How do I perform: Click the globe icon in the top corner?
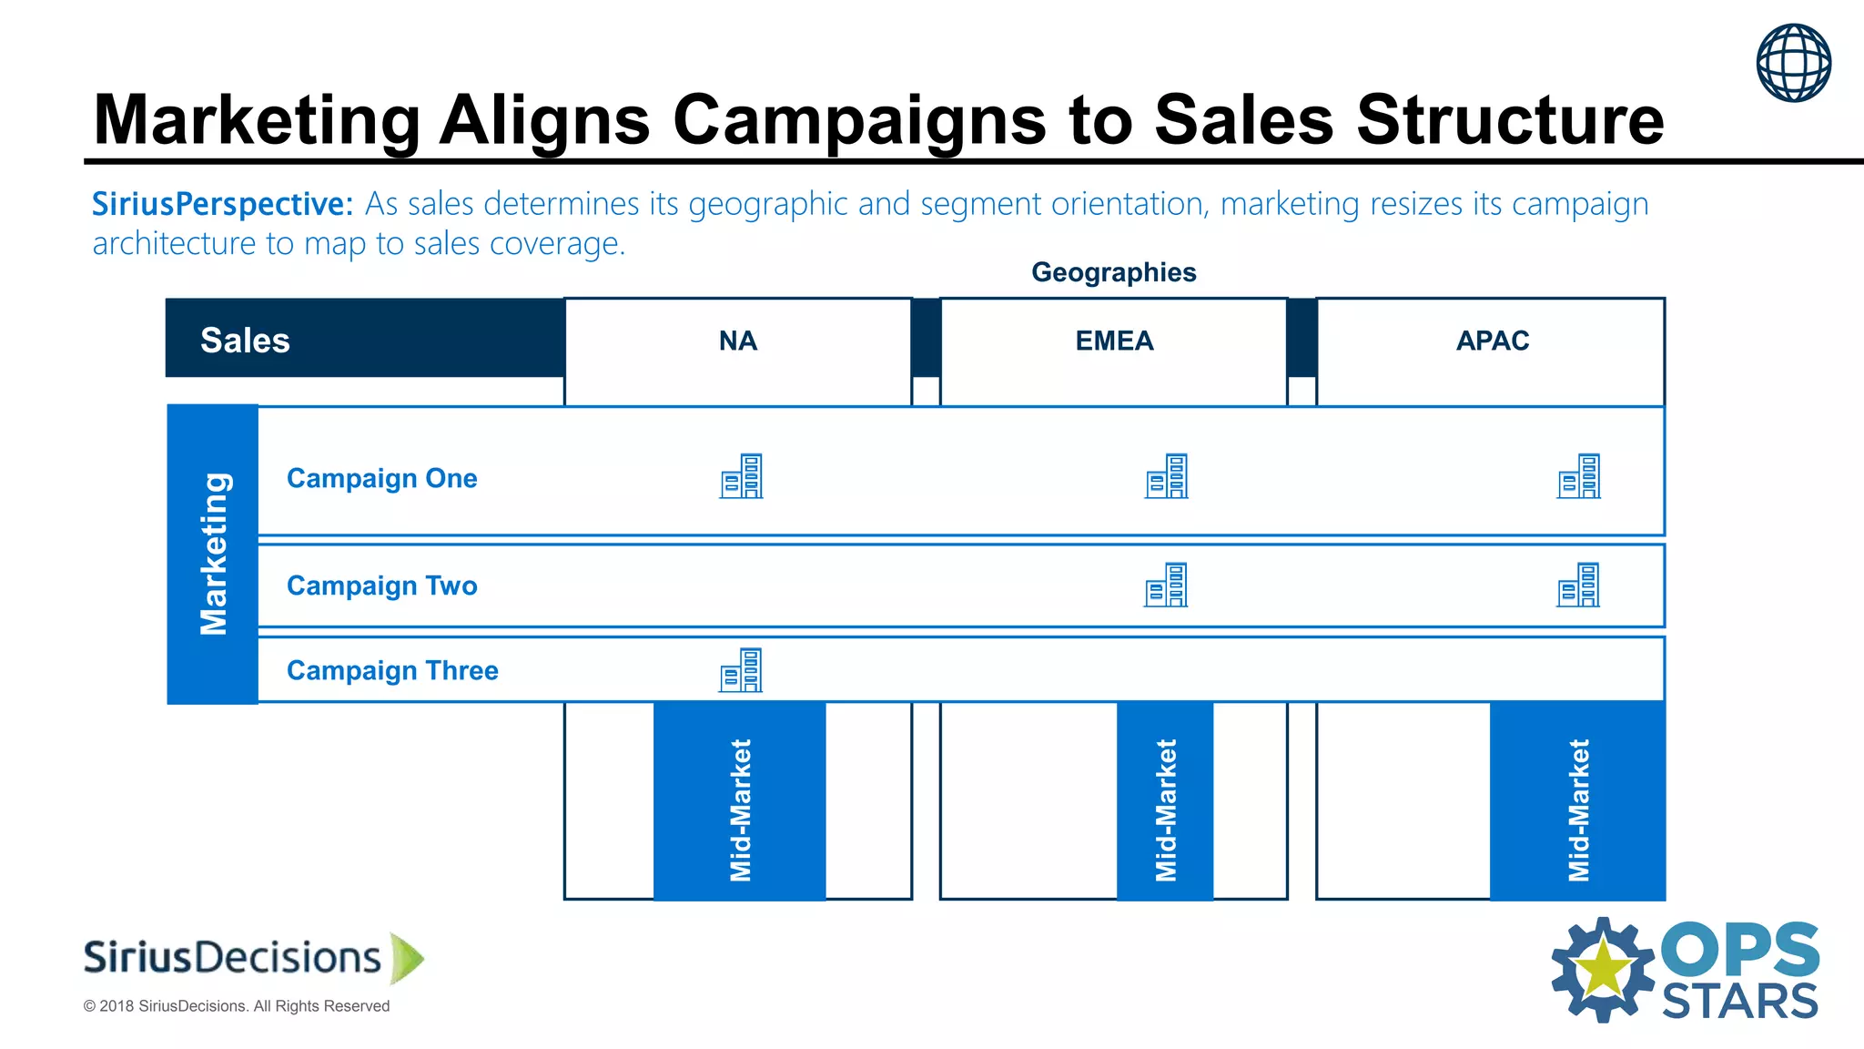click(x=1793, y=63)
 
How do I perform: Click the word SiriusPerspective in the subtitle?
click(x=222, y=204)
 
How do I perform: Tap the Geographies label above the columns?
click(x=1113, y=272)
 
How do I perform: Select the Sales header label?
click(x=245, y=341)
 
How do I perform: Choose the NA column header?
click(x=737, y=341)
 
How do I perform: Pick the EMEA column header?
click(x=1114, y=341)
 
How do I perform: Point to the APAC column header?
click(x=1492, y=341)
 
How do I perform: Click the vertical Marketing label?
click(x=214, y=554)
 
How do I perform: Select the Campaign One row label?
click(x=381, y=478)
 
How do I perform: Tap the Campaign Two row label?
click(x=381, y=586)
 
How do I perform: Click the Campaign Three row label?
click(x=392, y=670)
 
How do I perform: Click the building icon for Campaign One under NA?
click(x=741, y=476)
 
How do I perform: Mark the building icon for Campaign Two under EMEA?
click(x=1166, y=585)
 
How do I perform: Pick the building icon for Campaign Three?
click(x=741, y=670)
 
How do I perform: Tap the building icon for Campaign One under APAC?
click(x=1578, y=476)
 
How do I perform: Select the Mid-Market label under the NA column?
click(x=740, y=810)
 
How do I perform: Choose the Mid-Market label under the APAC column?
click(x=1578, y=810)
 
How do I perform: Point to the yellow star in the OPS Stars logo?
click(x=1603, y=970)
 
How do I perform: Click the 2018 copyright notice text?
click(x=237, y=1006)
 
